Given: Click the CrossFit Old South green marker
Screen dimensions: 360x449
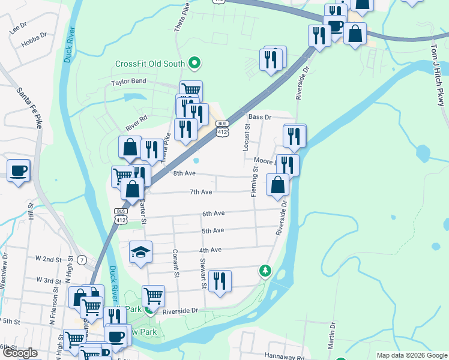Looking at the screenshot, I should coord(194,63).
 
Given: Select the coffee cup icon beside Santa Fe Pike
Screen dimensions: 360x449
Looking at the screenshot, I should coord(18,170).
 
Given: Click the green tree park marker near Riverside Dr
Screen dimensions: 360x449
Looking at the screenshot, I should coord(265,271).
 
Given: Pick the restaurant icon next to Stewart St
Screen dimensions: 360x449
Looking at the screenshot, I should coord(219,280).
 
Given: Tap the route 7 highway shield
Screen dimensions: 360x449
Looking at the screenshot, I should coord(82,259).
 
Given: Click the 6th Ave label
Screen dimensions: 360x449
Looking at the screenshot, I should coord(213,214).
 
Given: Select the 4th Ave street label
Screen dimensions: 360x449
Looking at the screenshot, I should coord(211,250).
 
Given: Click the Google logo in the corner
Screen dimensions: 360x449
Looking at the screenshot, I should coord(19,353).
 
